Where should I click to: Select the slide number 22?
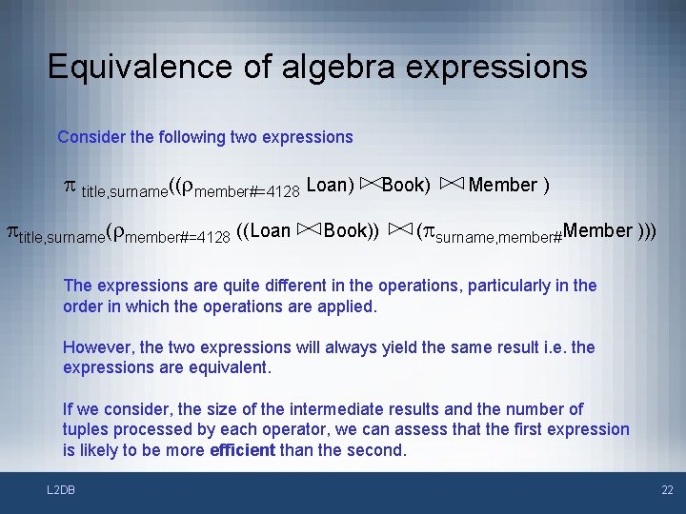[x=666, y=489]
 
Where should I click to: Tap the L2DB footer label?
[x=62, y=489]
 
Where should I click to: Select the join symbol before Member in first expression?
[x=452, y=185]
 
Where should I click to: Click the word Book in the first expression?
[x=406, y=185]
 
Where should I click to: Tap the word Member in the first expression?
[x=503, y=185]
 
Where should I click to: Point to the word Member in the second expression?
[x=597, y=230]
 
